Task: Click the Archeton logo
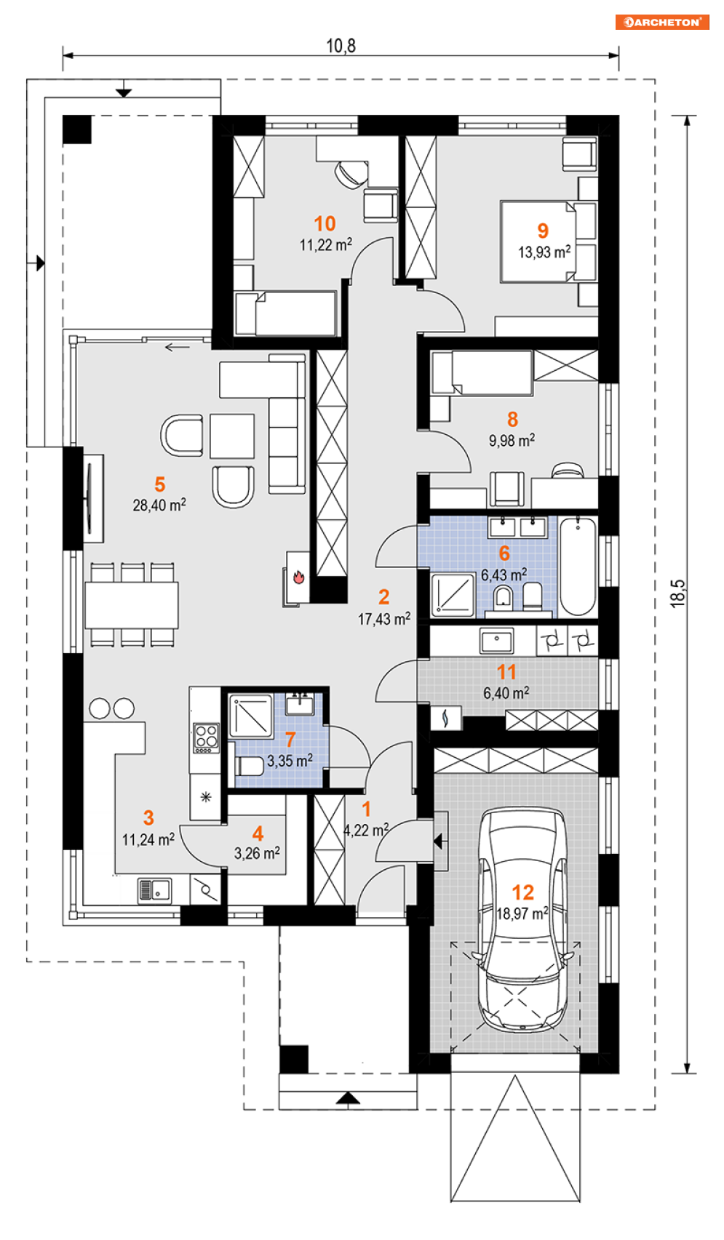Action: click(x=662, y=22)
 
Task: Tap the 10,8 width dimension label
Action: click(x=341, y=46)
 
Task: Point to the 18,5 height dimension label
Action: click(x=679, y=593)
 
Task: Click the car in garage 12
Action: click(x=522, y=919)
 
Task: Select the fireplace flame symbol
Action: click(x=298, y=577)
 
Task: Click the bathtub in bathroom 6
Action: click(x=578, y=567)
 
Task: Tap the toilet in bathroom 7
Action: click(x=250, y=767)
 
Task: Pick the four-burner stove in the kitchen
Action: click(x=206, y=738)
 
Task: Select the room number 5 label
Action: click(x=159, y=484)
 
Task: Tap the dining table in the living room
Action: click(x=132, y=604)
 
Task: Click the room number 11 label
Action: click(x=506, y=672)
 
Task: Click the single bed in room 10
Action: click(x=286, y=314)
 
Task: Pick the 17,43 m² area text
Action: click(x=384, y=619)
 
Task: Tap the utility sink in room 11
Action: click(x=497, y=641)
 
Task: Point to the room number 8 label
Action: click(x=512, y=420)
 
